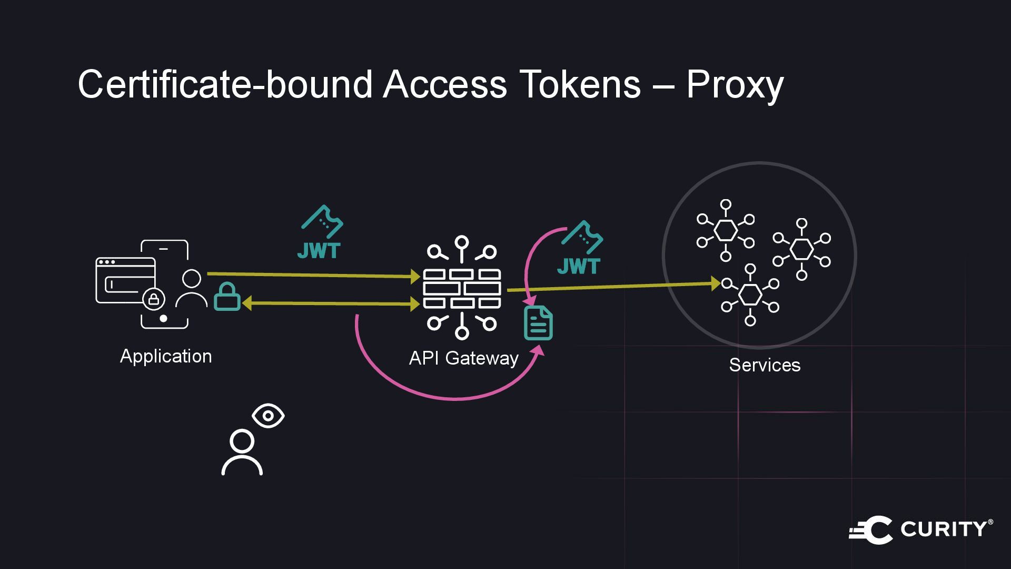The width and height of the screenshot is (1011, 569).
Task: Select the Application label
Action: coord(166,356)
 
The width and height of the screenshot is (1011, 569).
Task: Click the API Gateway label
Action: coord(463,358)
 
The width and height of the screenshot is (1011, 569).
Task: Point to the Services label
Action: coord(765,365)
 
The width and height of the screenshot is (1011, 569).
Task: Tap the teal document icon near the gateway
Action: coord(538,323)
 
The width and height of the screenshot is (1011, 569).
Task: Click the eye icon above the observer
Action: coord(268,416)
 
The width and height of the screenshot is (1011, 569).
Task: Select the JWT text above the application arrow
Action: coord(319,251)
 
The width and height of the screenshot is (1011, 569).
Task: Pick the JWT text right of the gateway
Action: coord(579,267)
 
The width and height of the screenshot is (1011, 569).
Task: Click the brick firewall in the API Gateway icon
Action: coord(462,289)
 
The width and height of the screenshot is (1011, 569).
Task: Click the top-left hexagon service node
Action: coord(726,230)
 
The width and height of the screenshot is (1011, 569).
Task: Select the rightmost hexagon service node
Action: coord(801,249)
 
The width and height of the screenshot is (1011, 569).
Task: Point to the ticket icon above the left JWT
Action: coord(322,221)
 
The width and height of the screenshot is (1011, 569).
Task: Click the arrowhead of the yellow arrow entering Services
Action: coord(716,283)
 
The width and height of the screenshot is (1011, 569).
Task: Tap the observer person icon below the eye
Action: coord(242,453)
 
